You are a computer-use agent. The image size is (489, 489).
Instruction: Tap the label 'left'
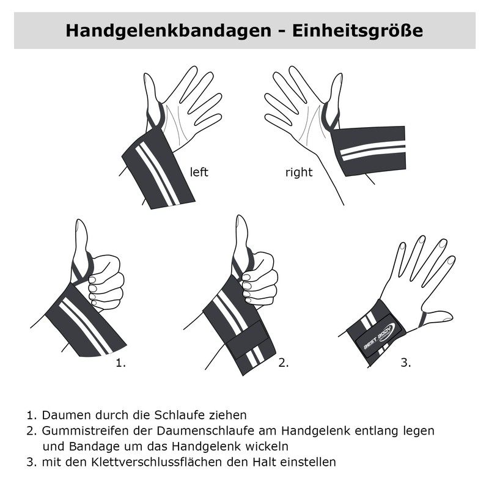(199, 172)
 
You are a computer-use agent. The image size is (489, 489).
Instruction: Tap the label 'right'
(299, 172)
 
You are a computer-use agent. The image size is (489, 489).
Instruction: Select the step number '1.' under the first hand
(120, 363)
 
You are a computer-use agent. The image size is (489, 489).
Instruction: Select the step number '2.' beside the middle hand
(283, 363)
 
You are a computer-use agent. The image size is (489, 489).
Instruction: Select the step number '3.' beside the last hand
(405, 363)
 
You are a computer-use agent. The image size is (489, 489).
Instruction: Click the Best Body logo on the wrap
(377, 335)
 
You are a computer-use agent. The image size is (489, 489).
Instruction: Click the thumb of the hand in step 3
(438, 317)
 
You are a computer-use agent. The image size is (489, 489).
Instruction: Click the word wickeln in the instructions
(268, 446)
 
